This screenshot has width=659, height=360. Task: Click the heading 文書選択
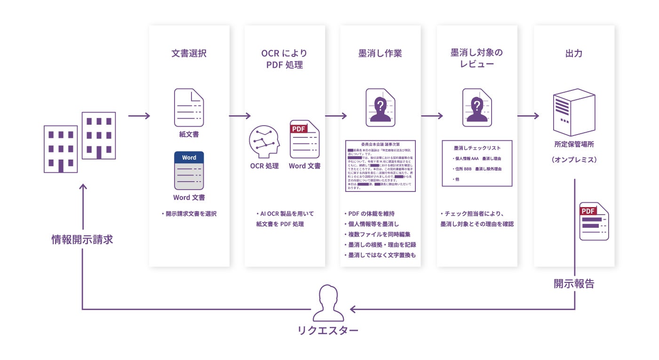click(x=189, y=54)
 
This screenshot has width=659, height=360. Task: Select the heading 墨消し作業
click(x=380, y=54)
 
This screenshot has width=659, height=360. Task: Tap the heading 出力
click(x=573, y=54)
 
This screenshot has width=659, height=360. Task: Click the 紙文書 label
click(x=189, y=135)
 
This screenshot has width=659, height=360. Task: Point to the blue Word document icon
click(x=189, y=170)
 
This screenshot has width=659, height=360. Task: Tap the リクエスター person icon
click(x=327, y=302)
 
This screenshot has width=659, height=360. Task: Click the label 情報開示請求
click(x=82, y=240)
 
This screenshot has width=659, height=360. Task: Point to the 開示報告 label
click(x=573, y=284)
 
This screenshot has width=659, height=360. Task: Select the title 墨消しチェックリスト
click(x=476, y=148)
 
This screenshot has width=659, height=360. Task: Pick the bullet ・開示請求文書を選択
click(x=189, y=214)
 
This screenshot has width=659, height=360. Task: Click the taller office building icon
click(x=99, y=135)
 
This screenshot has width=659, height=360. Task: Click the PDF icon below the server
click(x=594, y=221)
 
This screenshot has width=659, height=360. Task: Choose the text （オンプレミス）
click(x=573, y=160)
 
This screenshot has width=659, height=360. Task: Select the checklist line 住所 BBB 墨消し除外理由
click(x=476, y=169)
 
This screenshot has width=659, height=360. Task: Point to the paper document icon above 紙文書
click(x=189, y=108)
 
